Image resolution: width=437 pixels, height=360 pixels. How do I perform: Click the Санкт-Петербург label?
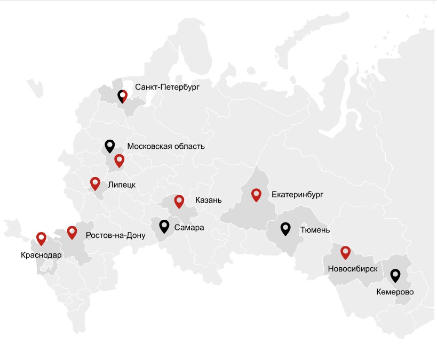click(167, 86)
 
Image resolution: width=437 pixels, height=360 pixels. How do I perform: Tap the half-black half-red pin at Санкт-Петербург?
click(123, 95)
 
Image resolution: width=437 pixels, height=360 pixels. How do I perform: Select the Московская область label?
click(166, 146)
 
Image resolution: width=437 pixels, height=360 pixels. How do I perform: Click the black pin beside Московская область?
click(110, 146)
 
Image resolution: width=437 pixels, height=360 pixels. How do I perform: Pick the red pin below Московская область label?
click(119, 160)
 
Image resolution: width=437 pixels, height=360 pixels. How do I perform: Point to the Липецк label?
click(122, 185)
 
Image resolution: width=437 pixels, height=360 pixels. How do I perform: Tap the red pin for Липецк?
click(95, 183)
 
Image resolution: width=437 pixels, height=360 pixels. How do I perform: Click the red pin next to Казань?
click(179, 201)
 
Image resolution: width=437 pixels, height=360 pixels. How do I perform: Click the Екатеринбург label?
click(297, 194)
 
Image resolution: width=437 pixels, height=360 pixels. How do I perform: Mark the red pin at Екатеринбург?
click(256, 195)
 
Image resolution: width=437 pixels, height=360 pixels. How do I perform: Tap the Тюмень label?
click(315, 230)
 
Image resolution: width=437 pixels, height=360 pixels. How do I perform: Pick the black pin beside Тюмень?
click(285, 228)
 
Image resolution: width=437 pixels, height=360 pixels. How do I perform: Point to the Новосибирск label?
click(353, 269)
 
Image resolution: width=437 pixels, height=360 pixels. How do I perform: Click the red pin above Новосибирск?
click(345, 252)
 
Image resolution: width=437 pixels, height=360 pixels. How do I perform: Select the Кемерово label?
click(395, 292)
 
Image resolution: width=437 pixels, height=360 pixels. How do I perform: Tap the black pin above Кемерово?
click(395, 275)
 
